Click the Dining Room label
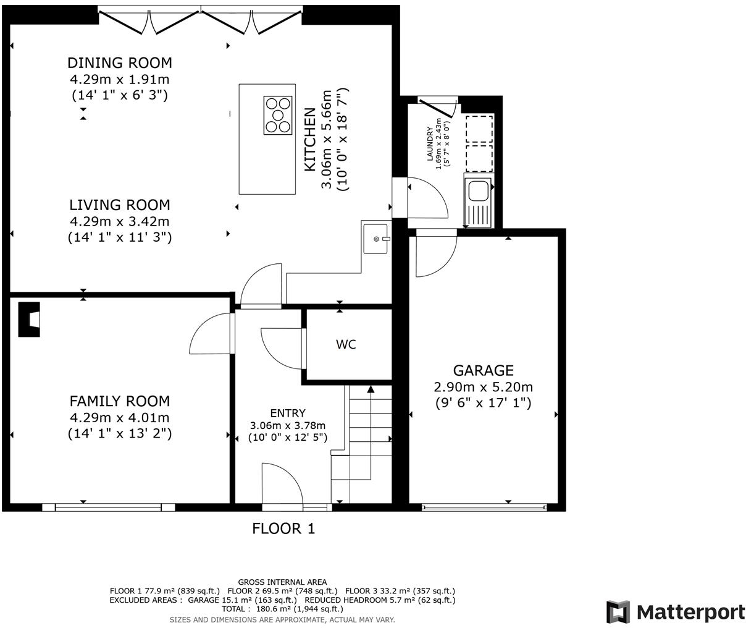[119, 63]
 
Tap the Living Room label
[119, 205]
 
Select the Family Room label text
[119, 401]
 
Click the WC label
[346, 345]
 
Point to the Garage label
[483, 370]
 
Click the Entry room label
[287, 413]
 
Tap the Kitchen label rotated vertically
[310, 140]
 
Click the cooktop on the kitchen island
[277, 116]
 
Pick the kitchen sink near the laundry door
[375, 239]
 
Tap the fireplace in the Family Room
[30, 319]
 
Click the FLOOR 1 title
[283, 528]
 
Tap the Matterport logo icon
[618, 612]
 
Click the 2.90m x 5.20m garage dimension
[483, 388]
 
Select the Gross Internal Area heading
[282, 582]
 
